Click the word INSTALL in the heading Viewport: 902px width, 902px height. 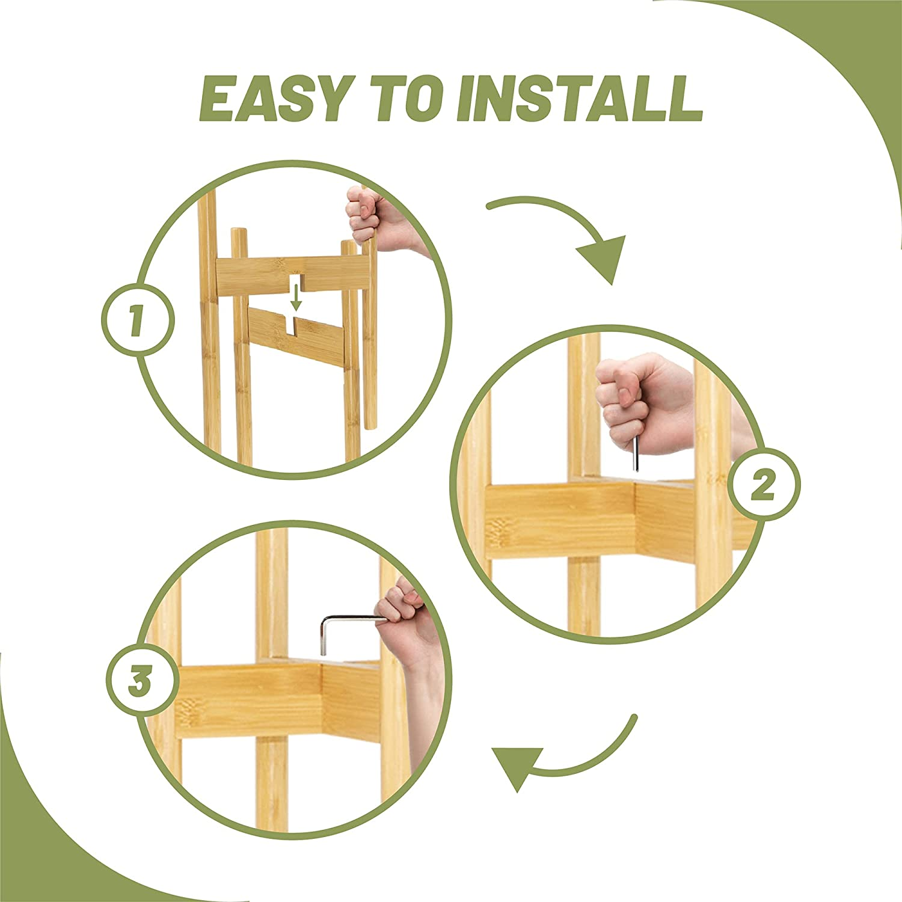tap(580, 98)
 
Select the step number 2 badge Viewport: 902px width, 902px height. tap(764, 485)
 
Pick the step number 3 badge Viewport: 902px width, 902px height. tap(142, 682)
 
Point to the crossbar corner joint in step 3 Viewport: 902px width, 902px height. tap(322, 698)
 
